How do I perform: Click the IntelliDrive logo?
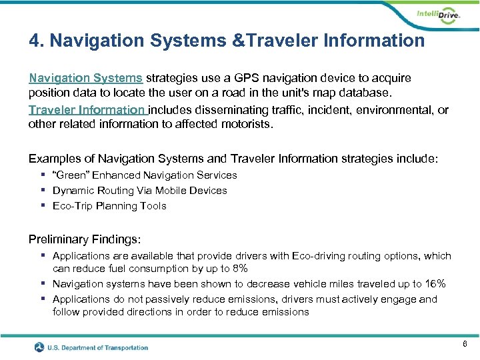coord(437,15)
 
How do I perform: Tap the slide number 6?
coord(464,343)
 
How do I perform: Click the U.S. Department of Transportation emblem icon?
coord(41,347)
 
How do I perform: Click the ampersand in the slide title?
coord(237,41)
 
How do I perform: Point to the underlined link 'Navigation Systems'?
coord(85,78)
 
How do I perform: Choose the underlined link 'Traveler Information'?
coord(87,110)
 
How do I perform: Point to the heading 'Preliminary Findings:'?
coord(84,239)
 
